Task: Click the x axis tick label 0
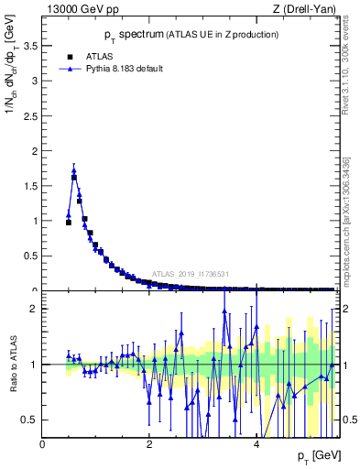pos(43,444)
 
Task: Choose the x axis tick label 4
pos(256,444)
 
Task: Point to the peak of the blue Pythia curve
pos(73,169)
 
